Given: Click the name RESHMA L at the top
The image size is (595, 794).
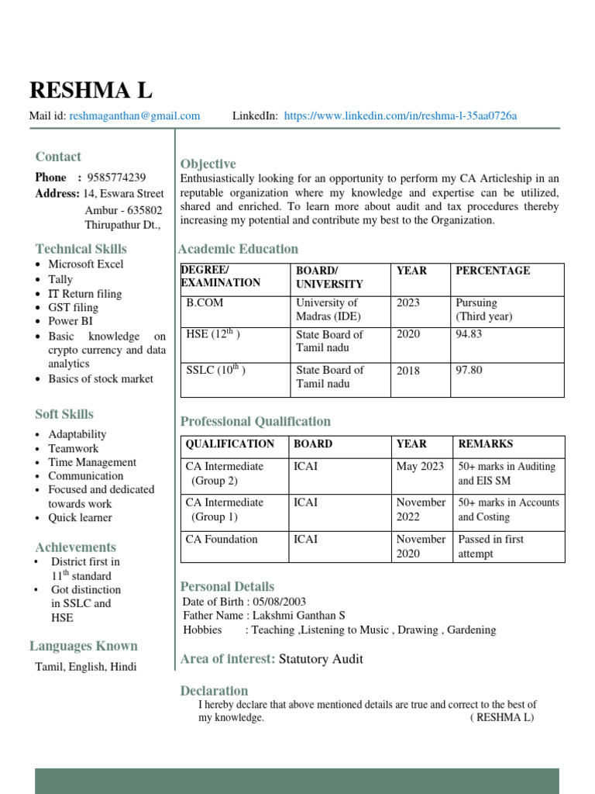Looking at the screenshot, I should point(91,91).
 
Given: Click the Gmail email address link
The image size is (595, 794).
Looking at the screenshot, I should point(134,116).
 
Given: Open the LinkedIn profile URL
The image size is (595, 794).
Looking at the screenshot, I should point(400,116).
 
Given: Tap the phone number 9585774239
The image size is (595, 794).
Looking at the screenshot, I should point(116,178).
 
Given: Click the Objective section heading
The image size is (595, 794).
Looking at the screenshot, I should point(208,164).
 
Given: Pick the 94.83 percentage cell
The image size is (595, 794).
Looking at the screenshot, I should point(469,334).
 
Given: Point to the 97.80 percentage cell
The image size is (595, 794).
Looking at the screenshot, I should point(469,370).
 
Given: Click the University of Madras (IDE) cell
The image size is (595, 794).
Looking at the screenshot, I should point(328,309).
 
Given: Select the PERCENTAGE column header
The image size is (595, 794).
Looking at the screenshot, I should point(493,271).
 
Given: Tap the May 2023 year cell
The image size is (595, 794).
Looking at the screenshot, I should point(420,467).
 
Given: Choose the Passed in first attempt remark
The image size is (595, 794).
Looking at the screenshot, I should point(490,547).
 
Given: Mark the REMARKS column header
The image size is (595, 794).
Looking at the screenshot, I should point(485,444).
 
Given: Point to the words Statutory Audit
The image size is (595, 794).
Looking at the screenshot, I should point(321,659).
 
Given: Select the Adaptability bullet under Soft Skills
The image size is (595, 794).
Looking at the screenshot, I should point(77,434).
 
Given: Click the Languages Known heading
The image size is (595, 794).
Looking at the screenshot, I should point(84,646).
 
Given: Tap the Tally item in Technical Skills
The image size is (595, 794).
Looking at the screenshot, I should point(60,279).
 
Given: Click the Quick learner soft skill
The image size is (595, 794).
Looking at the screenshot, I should point(80,517).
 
